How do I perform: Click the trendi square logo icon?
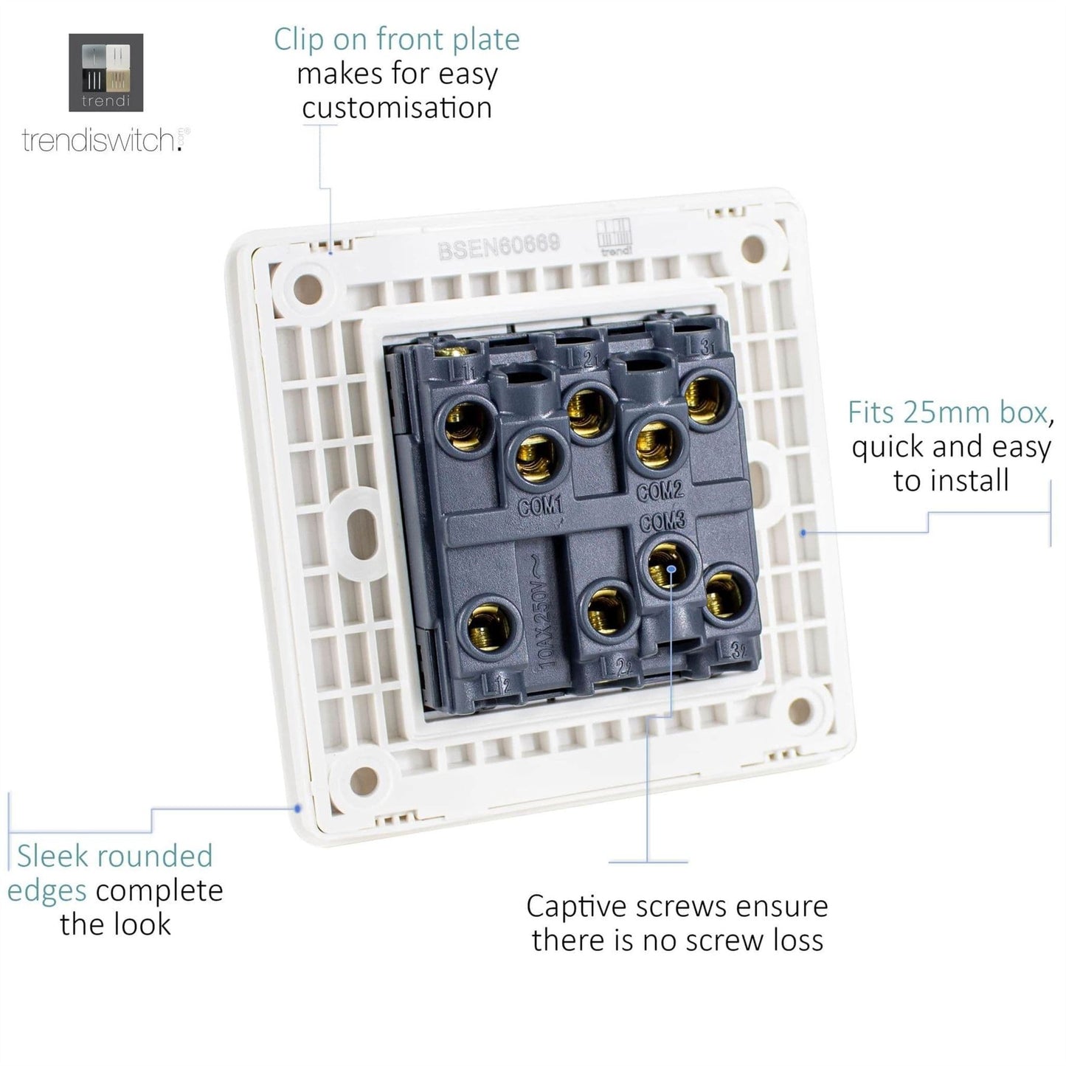click(105, 72)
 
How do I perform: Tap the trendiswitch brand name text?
click(100, 139)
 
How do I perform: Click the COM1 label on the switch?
click(540, 506)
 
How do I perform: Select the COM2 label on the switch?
click(660, 490)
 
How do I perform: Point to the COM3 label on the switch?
click(662, 522)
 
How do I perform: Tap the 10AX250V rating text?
click(550, 610)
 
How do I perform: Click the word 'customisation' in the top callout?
click(397, 108)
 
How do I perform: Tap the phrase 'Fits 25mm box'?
click(946, 412)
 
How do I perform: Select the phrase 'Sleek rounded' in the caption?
click(114, 856)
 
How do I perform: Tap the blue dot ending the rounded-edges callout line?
click(297, 809)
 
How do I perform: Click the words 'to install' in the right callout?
click(951, 481)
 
